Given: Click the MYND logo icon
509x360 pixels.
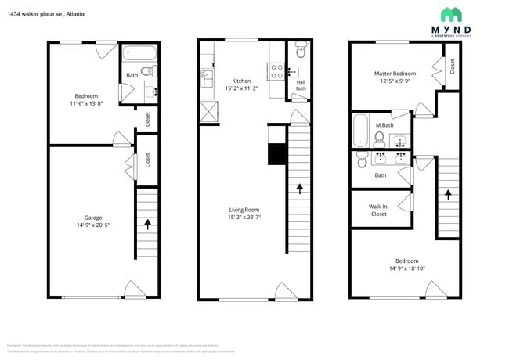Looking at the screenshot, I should (x=450, y=15).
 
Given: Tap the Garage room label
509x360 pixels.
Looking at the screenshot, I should (x=93, y=218).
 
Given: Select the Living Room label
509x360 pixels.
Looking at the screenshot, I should (x=244, y=209).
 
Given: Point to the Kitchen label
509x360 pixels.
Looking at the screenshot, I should (x=241, y=81).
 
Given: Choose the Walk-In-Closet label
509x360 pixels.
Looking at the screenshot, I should (x=378, y=210).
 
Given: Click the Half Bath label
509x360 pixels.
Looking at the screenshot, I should (x=301, y=85).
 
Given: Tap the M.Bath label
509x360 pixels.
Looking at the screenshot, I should (x=384, y=125).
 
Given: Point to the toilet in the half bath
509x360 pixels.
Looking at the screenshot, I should (x=301, y=51).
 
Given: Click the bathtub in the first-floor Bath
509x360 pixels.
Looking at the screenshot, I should (x=141, y=55).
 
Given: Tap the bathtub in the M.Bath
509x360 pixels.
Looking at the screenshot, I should (x=360, y=131).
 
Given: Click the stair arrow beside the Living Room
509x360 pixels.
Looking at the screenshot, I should (x=299, y=188).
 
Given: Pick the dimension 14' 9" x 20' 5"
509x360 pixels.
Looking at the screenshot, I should (x=93, y=226).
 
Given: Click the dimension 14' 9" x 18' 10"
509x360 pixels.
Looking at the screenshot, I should (x=406, y=269).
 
